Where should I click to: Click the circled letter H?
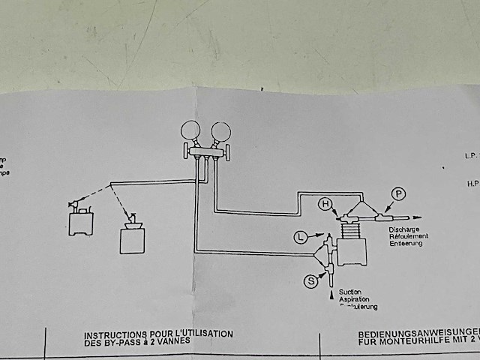[x=325, y=203]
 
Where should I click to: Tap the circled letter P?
[x=398, y=194]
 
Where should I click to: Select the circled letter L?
[x=301, y=238]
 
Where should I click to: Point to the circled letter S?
[x=310, y=281]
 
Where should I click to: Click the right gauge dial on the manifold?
[x=221, y=132]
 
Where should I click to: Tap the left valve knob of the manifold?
[x=187, y=154]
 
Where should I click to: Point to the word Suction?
[x=350, y=292]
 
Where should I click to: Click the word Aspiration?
[x=354, y=299]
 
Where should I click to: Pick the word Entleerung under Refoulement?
[x=406, y=244]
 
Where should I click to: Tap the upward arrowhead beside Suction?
[x=331, y=298]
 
